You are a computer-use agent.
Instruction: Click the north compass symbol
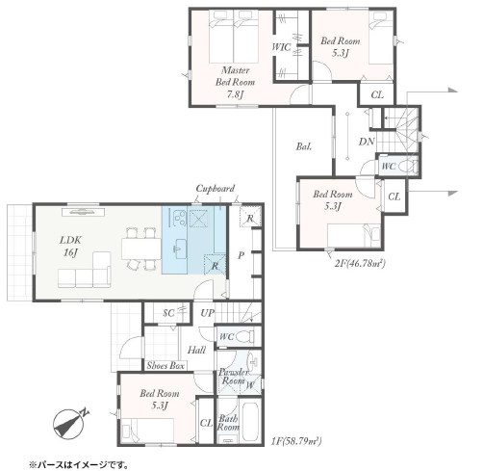pos(70,423)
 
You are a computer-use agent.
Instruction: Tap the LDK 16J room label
pos(70,247)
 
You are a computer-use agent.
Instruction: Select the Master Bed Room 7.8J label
pos(235,82)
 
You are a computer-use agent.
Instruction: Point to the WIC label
pos(281,47)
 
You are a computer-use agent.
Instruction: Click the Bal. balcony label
pos(304,146)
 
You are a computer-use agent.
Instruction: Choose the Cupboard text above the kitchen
pos(216,189)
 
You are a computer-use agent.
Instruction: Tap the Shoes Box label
pos(165,366)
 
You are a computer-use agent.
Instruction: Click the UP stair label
pos(207,313)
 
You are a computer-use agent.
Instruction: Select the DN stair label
pos(367,142)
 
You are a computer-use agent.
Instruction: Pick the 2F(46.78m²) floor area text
pos(360,264)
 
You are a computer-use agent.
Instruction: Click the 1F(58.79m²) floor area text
pos(296,441)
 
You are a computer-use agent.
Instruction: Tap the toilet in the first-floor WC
pos(245,337)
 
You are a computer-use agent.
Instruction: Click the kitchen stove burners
pos(179,218)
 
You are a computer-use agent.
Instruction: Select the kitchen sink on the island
pos(181,249)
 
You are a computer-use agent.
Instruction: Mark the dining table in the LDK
pos(141,249)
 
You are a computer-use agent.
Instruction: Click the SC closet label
pos(168,313)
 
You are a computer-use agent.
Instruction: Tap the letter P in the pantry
pos(241,255)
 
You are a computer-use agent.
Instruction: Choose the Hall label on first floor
pos(196,350)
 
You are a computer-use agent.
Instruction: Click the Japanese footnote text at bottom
pos(79,464)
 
